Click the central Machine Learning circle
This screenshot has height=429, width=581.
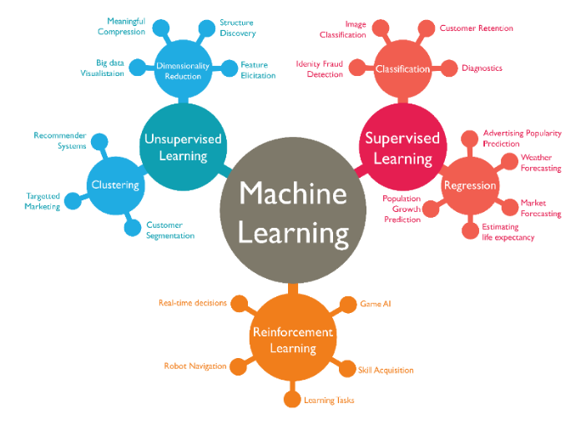coord(291,211)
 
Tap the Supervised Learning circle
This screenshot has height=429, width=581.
coord(397,147)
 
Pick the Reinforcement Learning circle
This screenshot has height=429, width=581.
coord(291,340)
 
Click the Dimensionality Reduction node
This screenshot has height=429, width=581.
coord(184,71)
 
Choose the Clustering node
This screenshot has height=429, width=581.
coord(114,185)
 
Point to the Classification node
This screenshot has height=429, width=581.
coord(402,68)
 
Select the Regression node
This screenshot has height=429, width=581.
coord(470,185)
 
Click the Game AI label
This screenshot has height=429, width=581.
coord(376,304)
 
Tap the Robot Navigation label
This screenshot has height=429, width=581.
coord(195,366)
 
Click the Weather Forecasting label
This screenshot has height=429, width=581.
coord(541,163)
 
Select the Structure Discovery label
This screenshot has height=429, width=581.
coord(238,28)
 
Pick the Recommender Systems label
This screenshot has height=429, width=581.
coord(60,140)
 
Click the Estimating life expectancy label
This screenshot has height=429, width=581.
coord(508,232)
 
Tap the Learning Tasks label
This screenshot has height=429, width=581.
coord(329,401)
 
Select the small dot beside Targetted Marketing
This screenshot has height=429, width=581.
coord(72,201)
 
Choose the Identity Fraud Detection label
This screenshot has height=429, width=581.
coord(320,69)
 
